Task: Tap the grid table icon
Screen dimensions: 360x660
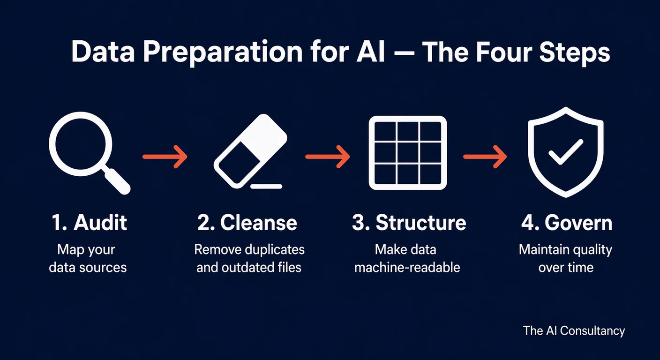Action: pyautogui.click(x=407, y=153)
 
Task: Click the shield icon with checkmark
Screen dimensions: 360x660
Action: pyautogui.click(x=565, y=152)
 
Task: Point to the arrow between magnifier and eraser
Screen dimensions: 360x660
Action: pyautogui.click(x=165, y=157)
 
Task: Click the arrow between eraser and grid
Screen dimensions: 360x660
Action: pyautogui.click(x=328, y=157)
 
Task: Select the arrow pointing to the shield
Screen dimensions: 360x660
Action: pyautogui.click(x=485, y=157)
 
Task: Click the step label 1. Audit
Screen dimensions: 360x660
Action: pyautogui.click(x=89, y=223)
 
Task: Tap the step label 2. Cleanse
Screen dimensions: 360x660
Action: pyautogui.click(x=247, y=223)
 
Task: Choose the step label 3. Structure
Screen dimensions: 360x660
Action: pyautogui.click(x=409, y=223)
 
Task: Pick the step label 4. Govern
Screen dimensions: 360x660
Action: pyautogui.click(x=566, y=223)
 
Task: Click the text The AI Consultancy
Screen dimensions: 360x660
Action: pyautogui.click(x=574, y=330)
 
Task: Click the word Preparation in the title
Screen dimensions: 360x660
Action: pyautogui.click(x=223, y=52)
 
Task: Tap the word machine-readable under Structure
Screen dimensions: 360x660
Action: pyautogui.click(x=407, y=268)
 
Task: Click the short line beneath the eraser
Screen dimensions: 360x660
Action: pyautogui.click(x=266, y=186)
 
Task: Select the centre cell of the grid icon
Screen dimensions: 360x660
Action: pyautogui.click(x=407, y=153)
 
